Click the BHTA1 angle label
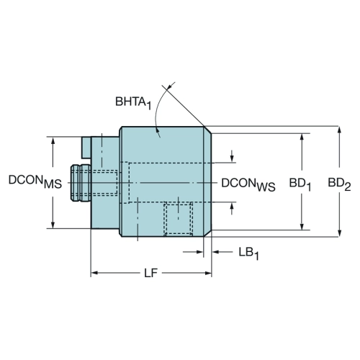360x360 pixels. click(x=133, y=103)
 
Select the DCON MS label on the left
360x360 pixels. click(x=35, y=181)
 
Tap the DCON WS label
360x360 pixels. click(x=248, y=185)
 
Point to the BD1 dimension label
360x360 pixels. click(x=300, y=185)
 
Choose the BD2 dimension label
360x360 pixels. click(x=339, y=184)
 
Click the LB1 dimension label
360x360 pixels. click(x=249, y=253)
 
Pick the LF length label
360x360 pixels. click(x=150, y=273)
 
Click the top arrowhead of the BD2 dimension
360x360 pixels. click(x=339, y=130)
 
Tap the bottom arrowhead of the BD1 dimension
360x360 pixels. click(x=302, y=226)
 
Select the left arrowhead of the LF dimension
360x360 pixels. click(x=94, y=273)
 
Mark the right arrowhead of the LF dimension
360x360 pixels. click(x=208, y=273)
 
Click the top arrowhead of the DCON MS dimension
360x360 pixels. click(x=53, y=140)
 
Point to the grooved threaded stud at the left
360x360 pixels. click(x=81, y=183)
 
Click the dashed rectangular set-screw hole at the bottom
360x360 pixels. click(x=179, y=219)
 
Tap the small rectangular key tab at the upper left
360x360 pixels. click(x=86, y=148)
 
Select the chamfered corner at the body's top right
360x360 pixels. click(x=207, y=130)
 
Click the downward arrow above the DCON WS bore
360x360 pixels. click(x=232, y=156)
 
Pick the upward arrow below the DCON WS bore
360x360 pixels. click(x=232, y=209)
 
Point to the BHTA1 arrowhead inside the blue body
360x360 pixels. click(x=158, y=131)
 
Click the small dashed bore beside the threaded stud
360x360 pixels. click(x=105, y=182)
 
